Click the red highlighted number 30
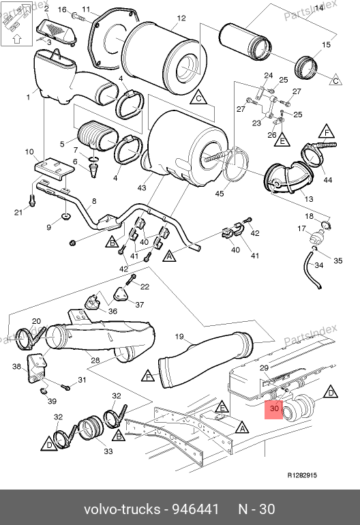[x=274, y=408]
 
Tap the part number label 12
[x=181, y=18]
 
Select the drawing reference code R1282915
[x=302, y=475]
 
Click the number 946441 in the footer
[x=196, y=509]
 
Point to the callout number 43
[x=142, y=187]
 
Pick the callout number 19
[x=179, y=336]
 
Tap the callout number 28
[x=95, y=360]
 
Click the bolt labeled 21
[x=33, y=200]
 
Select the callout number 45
[x=220, y=194]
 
